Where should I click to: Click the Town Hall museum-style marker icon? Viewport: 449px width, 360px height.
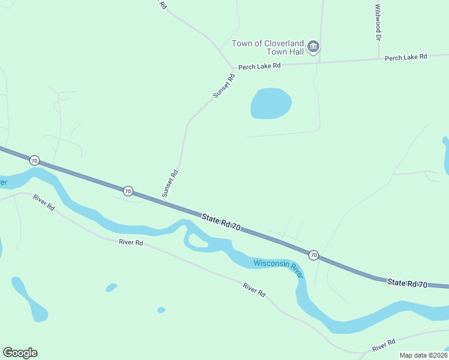(313, 46)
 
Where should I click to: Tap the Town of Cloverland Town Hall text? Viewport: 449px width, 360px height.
(268, 47)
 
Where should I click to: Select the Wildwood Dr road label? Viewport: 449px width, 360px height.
(378, 22)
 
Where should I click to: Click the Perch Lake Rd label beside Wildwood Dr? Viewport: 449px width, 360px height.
(406, 57)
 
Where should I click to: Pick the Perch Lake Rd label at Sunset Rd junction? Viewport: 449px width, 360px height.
(259, 66)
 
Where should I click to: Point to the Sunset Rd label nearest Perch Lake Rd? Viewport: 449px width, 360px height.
(223, 86)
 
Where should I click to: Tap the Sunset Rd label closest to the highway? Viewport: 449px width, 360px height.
(170, 183)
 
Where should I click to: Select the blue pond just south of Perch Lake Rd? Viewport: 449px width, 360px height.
(271, 103)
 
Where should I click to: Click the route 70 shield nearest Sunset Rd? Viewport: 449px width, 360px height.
(128, 191)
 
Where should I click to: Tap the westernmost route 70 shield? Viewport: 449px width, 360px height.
(34, 160)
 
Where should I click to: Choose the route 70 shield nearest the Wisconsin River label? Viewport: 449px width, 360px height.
(313, 255)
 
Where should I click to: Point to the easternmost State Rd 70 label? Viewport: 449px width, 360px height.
(407, 283)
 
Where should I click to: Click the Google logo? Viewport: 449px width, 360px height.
(20, 353)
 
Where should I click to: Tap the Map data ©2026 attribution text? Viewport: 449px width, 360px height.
(423, 355)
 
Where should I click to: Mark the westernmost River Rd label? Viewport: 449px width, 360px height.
(44, 202)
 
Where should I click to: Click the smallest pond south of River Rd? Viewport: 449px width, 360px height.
(161, 310)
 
